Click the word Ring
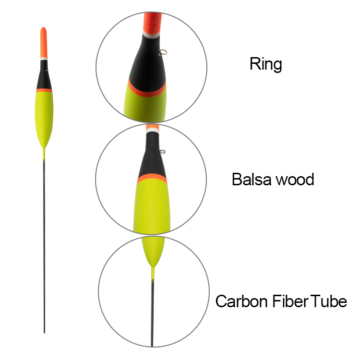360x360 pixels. point(265,64)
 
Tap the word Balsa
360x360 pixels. point(252,180)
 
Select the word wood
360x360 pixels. point(295,180)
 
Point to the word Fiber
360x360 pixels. point(290,301)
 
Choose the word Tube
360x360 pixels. point(328,301)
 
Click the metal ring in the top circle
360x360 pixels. point(163,52)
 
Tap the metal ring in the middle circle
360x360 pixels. point(162,152)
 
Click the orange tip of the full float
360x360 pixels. point(44,42)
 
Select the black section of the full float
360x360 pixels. point(44,74)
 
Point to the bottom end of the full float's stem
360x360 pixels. point(44,333)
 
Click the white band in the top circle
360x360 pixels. point(151,35)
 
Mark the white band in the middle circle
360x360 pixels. point(153,131)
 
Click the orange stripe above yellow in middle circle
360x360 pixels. point(152,178)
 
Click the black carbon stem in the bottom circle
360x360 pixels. point(152,314)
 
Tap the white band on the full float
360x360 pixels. point(44,59)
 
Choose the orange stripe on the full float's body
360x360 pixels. point(44,90)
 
